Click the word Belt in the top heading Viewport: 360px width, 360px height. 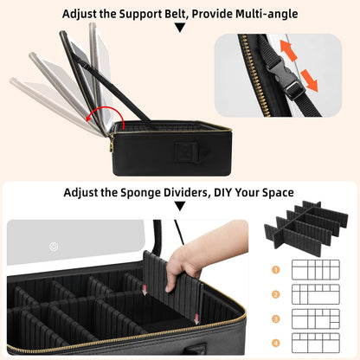(x=175, y=14)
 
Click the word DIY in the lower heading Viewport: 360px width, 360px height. (x=222, y=192)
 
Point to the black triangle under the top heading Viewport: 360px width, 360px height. (x=180, y=28)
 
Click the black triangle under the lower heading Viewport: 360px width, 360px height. (x=180, y=206)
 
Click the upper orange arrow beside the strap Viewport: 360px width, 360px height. (x=288, y=50)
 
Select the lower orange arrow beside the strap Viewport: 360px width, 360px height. (x=309, y=80)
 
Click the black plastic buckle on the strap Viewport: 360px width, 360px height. (x=284, y=75)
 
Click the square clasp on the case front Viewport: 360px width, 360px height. (x=187, y=152)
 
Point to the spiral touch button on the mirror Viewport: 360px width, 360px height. (x=54, y=247)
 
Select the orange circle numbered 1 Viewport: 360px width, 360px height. (x=276, y=270)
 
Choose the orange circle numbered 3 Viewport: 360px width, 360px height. (x=276, y=319)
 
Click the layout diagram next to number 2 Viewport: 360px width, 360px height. (x=316, y=294)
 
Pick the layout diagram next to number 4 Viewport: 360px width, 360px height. (x=316, y=343)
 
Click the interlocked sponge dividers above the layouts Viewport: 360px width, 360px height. (x=306, y=228)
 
